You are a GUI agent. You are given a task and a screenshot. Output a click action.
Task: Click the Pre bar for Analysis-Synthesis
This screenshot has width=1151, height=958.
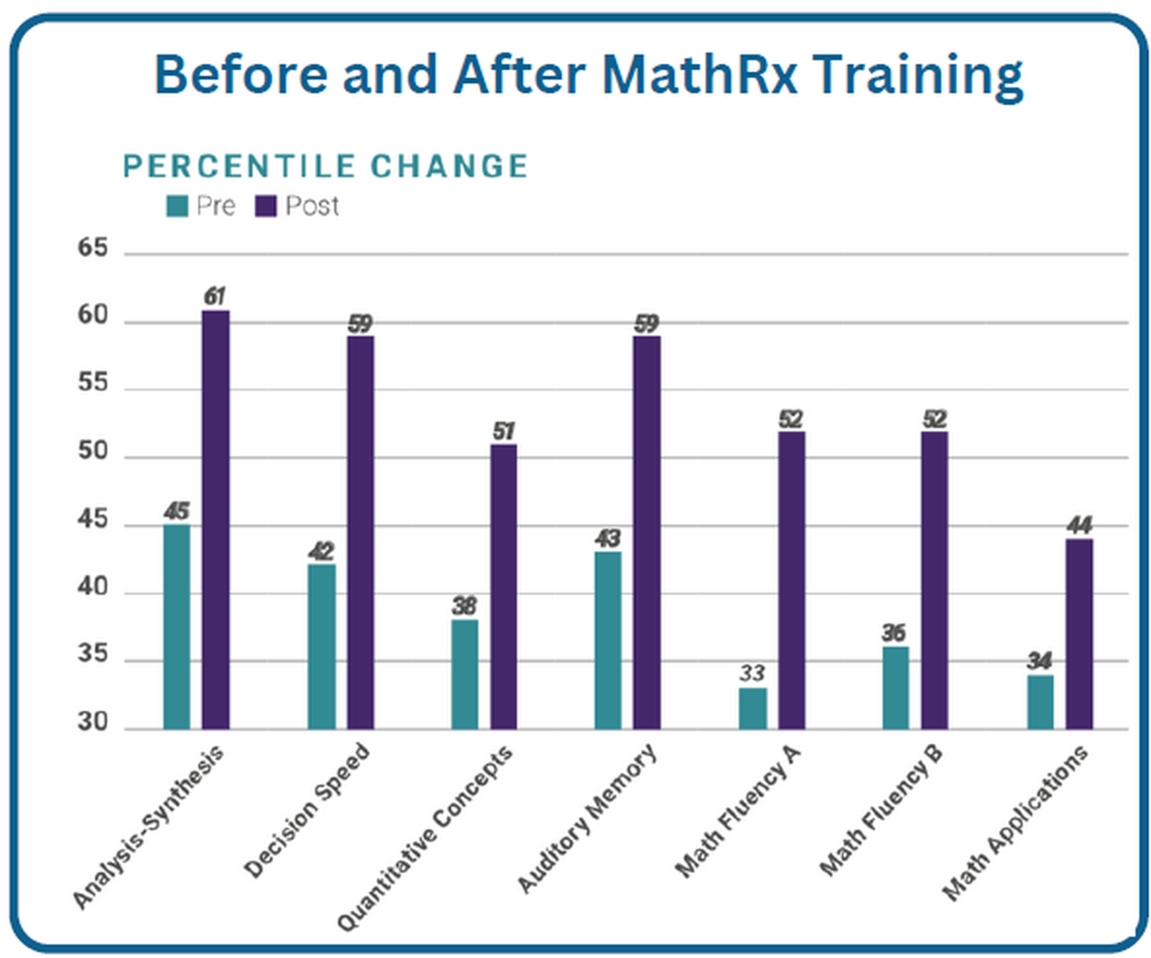point(177,627)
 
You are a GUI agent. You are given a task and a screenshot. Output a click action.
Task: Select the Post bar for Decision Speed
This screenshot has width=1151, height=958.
point(360,532)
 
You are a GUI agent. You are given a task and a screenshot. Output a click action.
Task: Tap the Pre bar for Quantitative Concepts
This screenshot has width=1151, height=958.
point(465,674)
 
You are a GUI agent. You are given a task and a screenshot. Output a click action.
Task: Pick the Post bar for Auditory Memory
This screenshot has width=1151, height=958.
point(646,532)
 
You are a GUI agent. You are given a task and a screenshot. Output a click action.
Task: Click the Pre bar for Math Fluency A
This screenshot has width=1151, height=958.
point(752,708)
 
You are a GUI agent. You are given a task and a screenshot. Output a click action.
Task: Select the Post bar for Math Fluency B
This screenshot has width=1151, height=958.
point(934,580)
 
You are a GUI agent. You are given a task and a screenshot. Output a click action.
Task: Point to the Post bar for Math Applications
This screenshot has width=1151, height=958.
point(1078,634)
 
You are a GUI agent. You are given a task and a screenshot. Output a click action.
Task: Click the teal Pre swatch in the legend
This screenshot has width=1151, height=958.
point(178,206)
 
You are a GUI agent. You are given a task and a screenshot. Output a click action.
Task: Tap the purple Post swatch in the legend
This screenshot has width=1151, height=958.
point(265,206)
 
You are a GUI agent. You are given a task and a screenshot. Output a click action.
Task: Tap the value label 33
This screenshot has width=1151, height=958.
point(752,672)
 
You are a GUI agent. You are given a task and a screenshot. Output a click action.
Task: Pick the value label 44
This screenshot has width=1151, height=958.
point(1079,526)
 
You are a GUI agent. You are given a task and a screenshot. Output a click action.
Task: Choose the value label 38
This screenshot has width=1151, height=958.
point(465,605)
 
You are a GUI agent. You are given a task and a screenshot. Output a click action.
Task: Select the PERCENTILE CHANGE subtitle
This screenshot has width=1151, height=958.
point(325,166)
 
